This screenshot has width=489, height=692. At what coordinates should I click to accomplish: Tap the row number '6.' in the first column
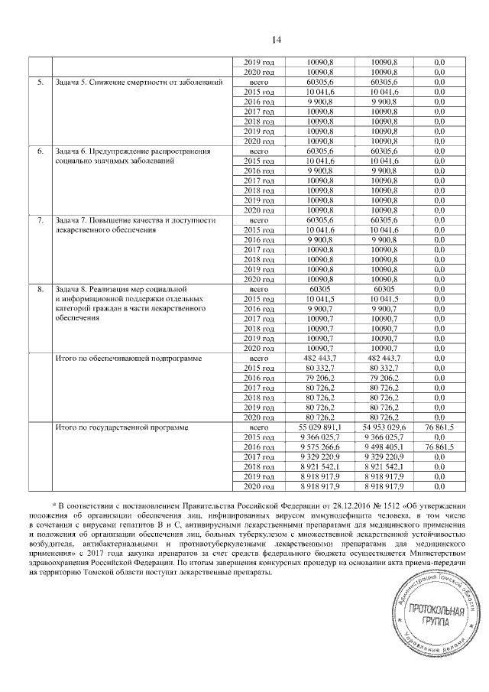(x=40, y=151)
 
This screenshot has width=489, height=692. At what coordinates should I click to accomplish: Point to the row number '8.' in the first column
(x=40, y=290)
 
